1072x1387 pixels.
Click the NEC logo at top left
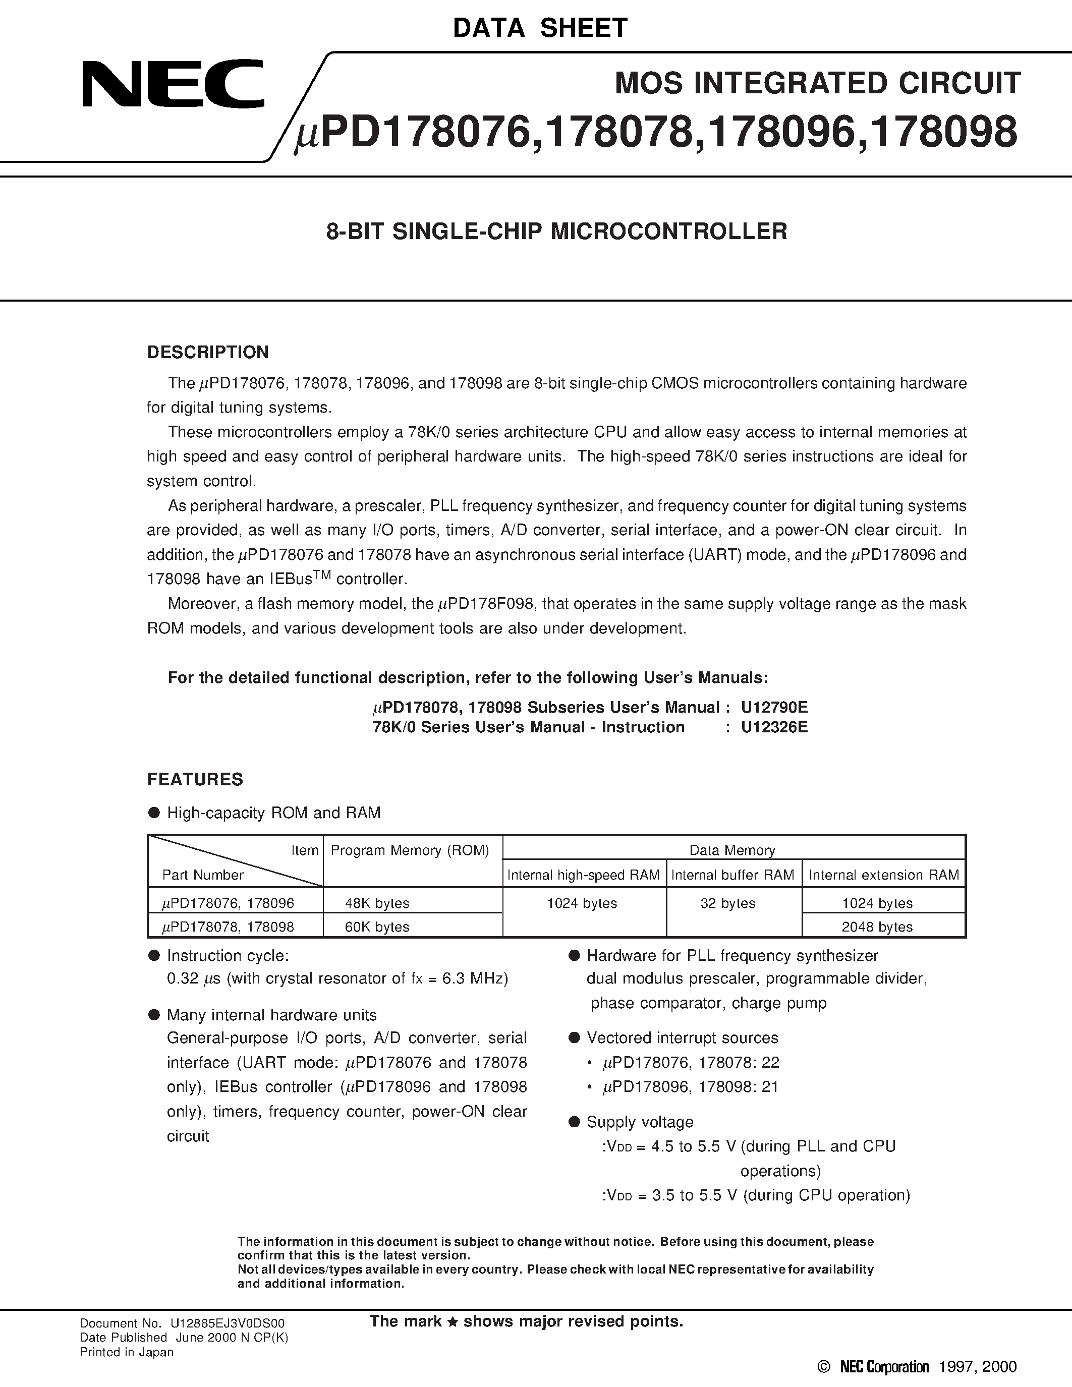coord(173,83)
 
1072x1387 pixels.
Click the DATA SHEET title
coord(540,28)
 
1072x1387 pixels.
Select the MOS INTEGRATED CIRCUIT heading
coord(817,83)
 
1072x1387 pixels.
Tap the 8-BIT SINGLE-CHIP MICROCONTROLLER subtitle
coord(556,231)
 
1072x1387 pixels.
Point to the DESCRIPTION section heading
coord(208,353)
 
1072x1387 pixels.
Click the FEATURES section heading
coord(195,779)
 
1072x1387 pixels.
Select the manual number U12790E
coord(774,708)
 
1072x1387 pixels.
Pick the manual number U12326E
coord(774,727)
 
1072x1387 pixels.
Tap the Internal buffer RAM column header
coord(733,875)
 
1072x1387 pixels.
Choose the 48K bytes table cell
coord(377,903)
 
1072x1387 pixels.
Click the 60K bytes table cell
coord(377,927)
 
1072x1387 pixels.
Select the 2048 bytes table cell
coord(877,927)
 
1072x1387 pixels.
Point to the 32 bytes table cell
coord(728,903)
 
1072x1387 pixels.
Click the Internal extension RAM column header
coord(883,875)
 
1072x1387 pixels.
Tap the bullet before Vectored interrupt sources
coord(574,1037)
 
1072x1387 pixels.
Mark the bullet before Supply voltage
coord(574,1122)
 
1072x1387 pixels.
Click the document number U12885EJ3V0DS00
coord(228,1323)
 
